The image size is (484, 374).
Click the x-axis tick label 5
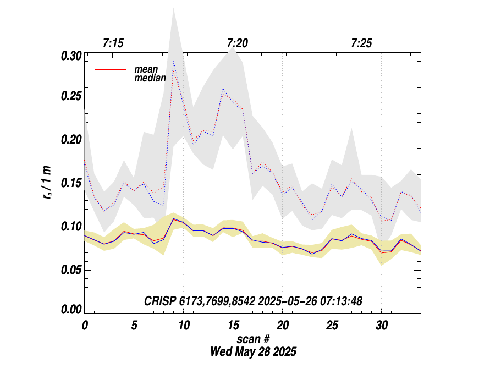pyautogui.click(x=134, y=325)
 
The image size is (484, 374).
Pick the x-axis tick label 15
pyautogui.click(x=233, y=325)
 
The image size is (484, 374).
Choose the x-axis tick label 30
pyautogui.click(x=381, y=325)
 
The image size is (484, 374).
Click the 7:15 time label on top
pyautogui.click(x=113, y=43)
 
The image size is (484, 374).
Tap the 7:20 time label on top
pyautogui.click(x=237, y=43)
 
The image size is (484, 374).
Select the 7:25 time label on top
pyautogui.click(x=361, y=43)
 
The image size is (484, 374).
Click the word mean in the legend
pyautogui.click(x=146, y=69)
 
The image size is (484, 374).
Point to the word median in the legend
pyautogui.click(x=150, y=79)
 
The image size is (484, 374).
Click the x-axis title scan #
pyautogui.click(x=253, y=338)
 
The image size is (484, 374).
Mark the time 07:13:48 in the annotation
pyautogui.click(x=343, y=301)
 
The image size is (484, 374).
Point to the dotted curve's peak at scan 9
pyautogui.click(x=173, y=62)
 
